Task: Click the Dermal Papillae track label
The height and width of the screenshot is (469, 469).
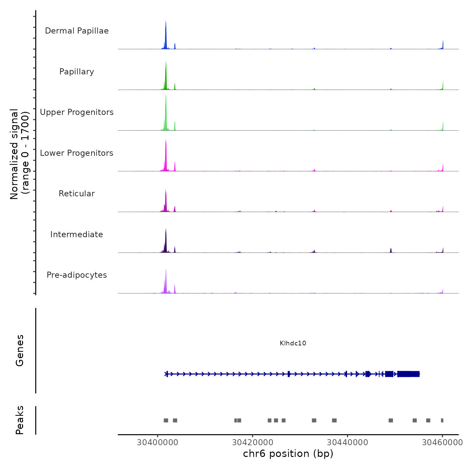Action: pyautogui.click(x=77, y=31)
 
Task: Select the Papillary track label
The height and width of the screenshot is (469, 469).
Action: pyautogui.click(x=77, y=72)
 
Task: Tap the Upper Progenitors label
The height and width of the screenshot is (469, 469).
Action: pyautogui.click(x=77, y=112)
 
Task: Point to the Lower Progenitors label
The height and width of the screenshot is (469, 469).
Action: pyautogui.click(x=77, y=153)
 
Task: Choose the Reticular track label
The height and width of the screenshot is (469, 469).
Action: pyautogui.click(x=77, y=194)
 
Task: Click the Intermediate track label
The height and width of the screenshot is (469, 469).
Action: pyautogui.click(x=77, y=234)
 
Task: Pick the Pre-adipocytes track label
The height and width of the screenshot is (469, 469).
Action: pyautogui.click(x=77, y=275)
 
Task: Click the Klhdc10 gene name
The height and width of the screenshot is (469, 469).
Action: pyautogui.click(x=293, y=343)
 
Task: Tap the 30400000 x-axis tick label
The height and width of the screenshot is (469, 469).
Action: pyautogui.click(x=157, y=442)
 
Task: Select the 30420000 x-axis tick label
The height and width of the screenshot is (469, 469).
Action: pyautogui.click(x=253, y=442)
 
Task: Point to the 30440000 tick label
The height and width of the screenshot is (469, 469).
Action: pyautogui.click(x=347, y=442)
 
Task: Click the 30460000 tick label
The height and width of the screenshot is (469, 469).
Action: pyautogui.click(x=442, y=442)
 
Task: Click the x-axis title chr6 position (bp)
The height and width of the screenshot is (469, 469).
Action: pyautogui.click(x=288, y=454)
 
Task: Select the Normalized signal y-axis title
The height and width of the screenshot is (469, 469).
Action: pyautogui.click(x=19, y=154)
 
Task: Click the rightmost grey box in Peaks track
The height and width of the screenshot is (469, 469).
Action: pyautogui.click(x=442, y=420)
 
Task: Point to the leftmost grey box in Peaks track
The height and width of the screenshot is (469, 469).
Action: pyautogui.click(x=166, y=420)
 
